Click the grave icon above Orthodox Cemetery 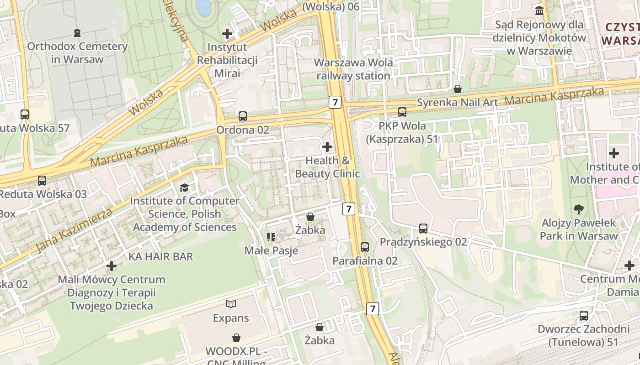coord(77,32)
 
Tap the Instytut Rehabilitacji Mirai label coord(227,60)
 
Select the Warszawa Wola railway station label coord(354,69)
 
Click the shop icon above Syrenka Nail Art coord(457,89)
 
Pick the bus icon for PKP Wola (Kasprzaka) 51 coord(402,112)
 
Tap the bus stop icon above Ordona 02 coord(243,116)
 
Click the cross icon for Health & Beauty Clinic coord(327,147)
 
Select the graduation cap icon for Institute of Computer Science coord(184,188)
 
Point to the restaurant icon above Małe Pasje coord(271,237)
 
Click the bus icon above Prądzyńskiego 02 coord(423,228)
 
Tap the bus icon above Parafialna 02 coord(365,247)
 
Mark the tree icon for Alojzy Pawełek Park coord(579,209)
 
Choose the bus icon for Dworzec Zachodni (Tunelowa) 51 coord(584,315)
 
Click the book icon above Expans coord(231,304)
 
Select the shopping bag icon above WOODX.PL coord(236,338)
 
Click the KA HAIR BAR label coord(161,256)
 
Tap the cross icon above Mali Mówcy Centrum coord(112,266)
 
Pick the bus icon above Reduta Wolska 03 coord(42,181)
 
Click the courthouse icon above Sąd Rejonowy coord(539,10)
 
